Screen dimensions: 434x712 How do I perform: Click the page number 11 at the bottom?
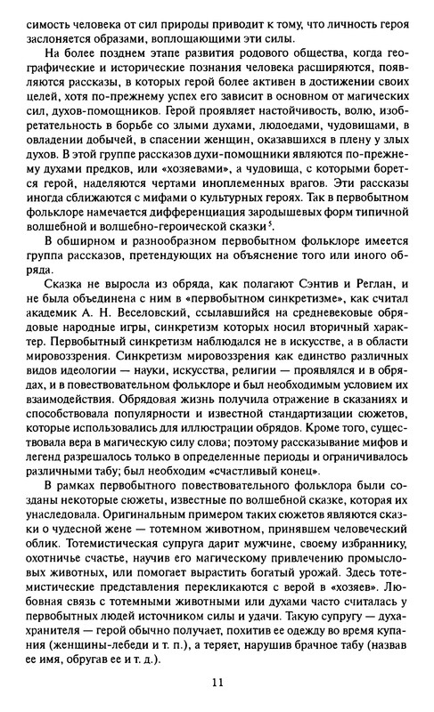click(217, 683)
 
